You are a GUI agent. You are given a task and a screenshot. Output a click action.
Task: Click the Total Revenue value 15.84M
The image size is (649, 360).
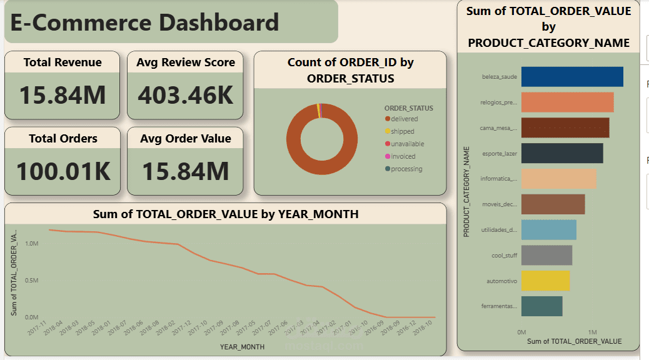click(62, 95)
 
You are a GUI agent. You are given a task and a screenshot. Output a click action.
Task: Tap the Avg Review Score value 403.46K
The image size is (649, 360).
click(185, 95)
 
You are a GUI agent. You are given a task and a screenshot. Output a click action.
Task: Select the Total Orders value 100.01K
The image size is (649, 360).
click(63, 171)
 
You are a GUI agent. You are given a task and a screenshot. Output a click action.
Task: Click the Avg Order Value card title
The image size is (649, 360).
click(185, 139)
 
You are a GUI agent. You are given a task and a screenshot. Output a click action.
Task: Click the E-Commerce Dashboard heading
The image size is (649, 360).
click(145, 23)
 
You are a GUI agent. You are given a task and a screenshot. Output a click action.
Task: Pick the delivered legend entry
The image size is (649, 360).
click(404, 119)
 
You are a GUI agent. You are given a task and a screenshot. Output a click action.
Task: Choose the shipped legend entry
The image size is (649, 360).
click(403, 131)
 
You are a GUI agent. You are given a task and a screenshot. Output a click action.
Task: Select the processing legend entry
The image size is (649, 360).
click(406, 169)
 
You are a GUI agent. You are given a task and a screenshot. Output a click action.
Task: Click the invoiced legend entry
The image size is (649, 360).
click(403, 156)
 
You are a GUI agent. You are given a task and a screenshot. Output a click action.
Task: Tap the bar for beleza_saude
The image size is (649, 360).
click(571, 77)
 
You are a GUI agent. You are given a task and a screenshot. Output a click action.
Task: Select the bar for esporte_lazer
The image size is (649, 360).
click(561, 153)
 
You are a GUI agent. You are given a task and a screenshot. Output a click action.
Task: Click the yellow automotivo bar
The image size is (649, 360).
click(545, 281)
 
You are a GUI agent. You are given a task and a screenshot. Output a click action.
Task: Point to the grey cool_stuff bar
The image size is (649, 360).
click(546, 255)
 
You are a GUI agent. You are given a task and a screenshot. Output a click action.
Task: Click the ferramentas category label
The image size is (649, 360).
click(500, 306)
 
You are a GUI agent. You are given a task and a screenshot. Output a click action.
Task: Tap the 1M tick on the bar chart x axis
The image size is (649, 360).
click(592, 331)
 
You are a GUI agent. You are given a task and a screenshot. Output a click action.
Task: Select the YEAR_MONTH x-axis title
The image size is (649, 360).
click(242, 346)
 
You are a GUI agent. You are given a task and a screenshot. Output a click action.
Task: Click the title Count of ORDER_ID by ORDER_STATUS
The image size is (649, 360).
click(350, 70)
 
